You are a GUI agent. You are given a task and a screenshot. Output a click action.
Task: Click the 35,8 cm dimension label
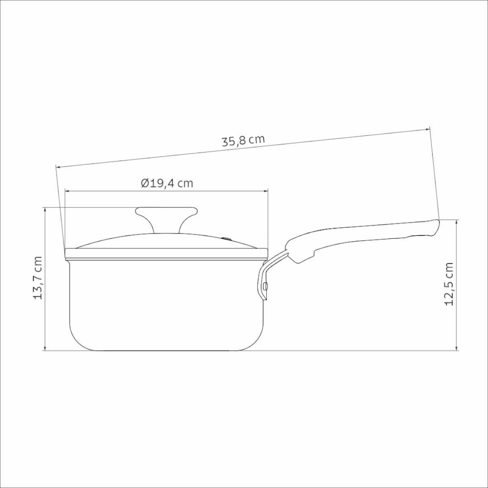[243, 141]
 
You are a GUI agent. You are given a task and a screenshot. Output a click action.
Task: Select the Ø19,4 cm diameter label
[167, 183]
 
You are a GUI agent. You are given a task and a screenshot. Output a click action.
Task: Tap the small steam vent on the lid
[226, 238]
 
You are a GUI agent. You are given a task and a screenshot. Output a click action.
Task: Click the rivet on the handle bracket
[265, 286]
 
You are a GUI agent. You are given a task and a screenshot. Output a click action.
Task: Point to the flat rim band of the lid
[166, 254]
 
